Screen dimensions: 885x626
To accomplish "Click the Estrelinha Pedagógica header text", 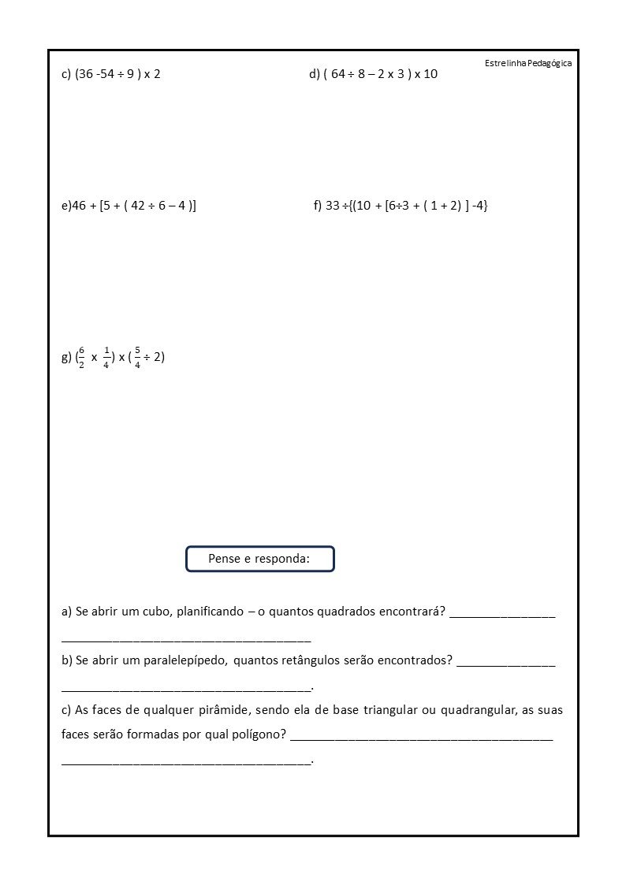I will (528, 63).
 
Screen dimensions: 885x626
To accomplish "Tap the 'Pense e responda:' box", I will (259, 559).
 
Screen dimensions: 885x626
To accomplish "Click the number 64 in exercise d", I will (338, 75).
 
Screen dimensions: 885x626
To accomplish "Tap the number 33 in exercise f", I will (332, 206).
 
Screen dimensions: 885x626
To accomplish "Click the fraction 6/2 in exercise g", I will (81, 357).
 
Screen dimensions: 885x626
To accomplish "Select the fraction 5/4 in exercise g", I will (137, 357).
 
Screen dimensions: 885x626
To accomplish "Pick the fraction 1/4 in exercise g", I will (106, 357).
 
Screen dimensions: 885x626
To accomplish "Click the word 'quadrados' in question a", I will (332, 612).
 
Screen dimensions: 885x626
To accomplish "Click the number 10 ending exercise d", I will (430, 75).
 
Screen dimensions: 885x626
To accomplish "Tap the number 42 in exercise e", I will (137, 206).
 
